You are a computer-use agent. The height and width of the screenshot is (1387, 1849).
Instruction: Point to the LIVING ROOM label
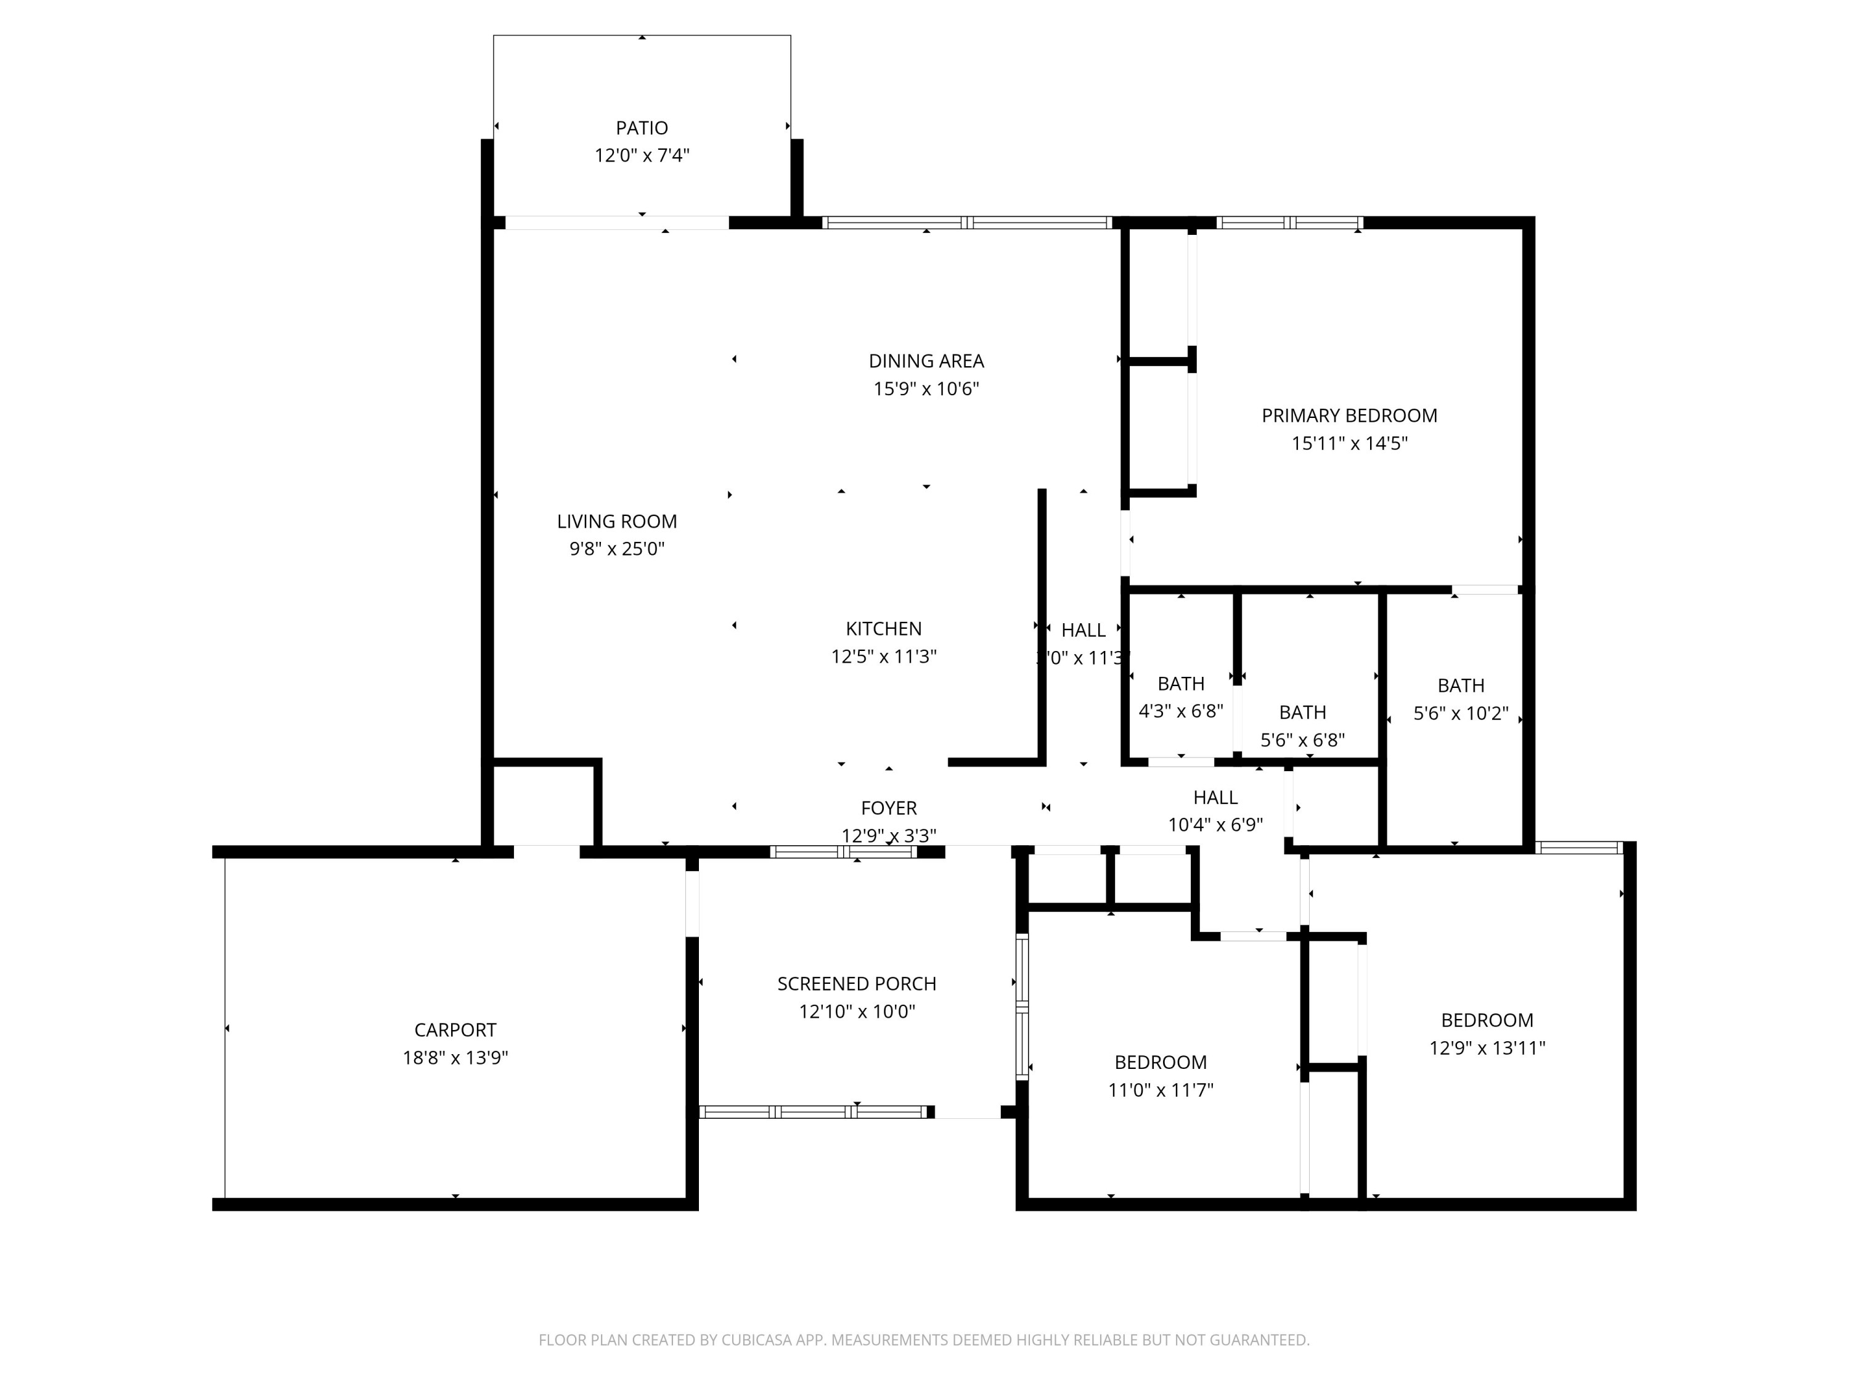pyautogui.click(x=616, y=522)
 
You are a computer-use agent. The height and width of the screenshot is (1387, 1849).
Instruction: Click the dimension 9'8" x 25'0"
pyautogui.click(x=616, y=549)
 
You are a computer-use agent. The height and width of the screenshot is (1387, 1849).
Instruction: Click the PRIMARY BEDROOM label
pyautogui.click(x=1349, y=415)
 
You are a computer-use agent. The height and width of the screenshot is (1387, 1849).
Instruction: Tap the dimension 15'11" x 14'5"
pyautogui.click(x=1349, y=443)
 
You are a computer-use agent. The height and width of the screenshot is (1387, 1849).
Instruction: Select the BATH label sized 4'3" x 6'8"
pyautogui.click(x=1180, y=684)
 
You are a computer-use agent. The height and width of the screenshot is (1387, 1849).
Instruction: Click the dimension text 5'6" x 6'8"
pyautogui.click(x=1302, y=740)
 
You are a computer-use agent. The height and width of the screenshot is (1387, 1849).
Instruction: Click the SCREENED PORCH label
pyautogui.click(x=856, y=984)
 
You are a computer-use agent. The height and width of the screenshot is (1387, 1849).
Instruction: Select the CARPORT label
pyautogui.click(x=455, y=1030)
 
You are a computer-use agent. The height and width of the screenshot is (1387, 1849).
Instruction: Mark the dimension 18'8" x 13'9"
pyautogui.click(x=455, y=1058)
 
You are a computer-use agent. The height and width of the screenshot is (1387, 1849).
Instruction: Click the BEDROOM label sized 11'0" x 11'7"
pyautogui.click(x=1159, y=1063)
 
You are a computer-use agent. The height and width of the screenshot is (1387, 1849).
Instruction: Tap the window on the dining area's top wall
pyautogui.click(x=966, y=223)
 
